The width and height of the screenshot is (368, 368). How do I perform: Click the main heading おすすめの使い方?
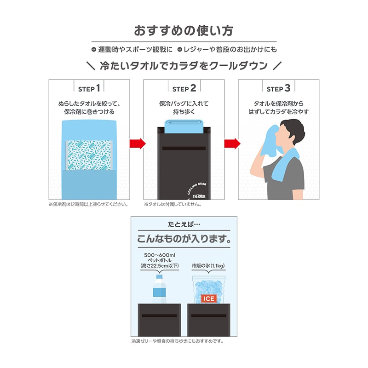pyautogui.click(x=184, y=31)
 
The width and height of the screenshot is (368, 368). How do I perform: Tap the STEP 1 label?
pyautogui.click(x=90, y=87)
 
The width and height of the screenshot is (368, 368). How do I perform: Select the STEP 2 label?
pyautogui.click(x=184, y=87)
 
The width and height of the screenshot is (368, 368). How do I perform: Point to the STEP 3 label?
pyautogui.click(x=278, y=87)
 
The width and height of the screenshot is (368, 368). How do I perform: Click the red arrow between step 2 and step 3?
pyautogui.click(x=231, y=143)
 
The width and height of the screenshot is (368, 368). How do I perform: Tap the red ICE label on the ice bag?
pyautogui.click(x=208, y=299)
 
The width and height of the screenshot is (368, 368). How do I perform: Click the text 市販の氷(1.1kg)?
pyautogui.click(x=208, y=266)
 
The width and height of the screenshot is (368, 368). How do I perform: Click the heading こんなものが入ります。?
pyautogui.click(x=184, y=240)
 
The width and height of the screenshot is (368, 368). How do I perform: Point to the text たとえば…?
pyautogui.click(x=184, y=226)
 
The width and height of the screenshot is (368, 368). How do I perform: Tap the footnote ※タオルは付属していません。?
pyautogui.click(x=173, y=205)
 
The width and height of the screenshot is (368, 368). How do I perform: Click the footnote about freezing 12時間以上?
pyautogui.click(x=88, y=205)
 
